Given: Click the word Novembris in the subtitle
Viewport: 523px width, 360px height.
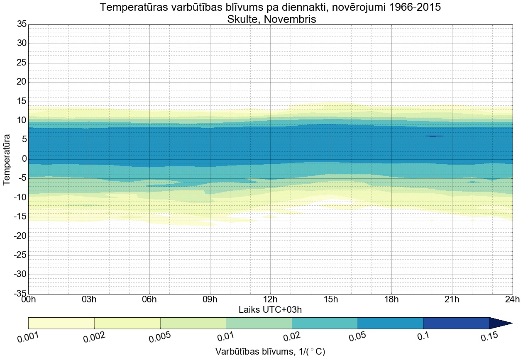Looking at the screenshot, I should pyautogui.click(x=292, y=19).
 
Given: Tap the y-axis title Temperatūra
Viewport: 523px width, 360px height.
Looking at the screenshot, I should pyautogui.click(x=7, y=159).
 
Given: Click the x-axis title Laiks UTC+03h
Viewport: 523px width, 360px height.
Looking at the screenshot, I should pyautogui.click(x=270, y=309).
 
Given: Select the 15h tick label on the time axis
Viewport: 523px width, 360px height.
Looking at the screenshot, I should pyautogui.click(x=331, y=299).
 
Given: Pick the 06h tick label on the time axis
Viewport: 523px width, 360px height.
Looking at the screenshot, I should pyautogui.click(x=149, y=299).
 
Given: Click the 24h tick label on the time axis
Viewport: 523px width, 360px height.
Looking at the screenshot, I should pyautogui.click(x=512, y=299).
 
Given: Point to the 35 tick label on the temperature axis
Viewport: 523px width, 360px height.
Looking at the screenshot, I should pyautogui.click(x=22, y=24).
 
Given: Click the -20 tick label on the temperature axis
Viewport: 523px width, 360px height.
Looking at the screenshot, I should pyautogui.click(x=19, y=236).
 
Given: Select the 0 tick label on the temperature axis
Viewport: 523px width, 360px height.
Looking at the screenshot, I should pyautogui.click(x=24, y=159).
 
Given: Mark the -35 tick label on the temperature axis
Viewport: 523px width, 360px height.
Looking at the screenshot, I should pyautogui.click(x=19, y=294).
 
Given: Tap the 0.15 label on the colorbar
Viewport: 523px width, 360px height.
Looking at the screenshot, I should pyautogui.click(x=490, y=337).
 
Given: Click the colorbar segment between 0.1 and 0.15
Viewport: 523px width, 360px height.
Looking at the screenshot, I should pyautogui.click(x=456, y=323).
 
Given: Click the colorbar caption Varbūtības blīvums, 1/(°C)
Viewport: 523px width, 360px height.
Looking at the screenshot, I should pyautogui.click(x=270, y=352).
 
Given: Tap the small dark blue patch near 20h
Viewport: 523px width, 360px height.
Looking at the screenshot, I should pyautogui.click(x=434, y=136).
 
